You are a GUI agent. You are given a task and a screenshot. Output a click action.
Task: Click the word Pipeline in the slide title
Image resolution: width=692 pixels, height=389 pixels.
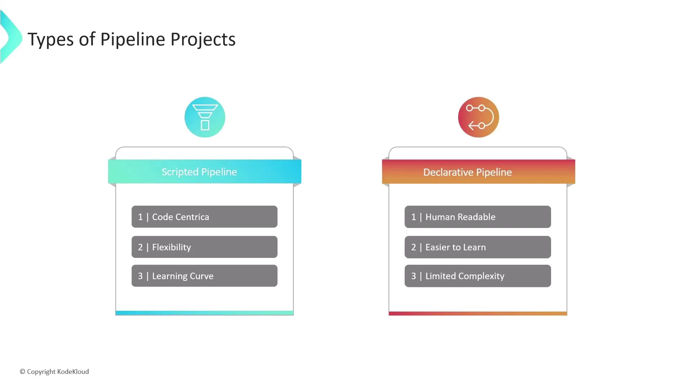pyautogui.click(x=133, y=40)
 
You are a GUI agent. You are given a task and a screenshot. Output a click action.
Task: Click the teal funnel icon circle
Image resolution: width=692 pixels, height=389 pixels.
pyautogui.click(x=205, y=117)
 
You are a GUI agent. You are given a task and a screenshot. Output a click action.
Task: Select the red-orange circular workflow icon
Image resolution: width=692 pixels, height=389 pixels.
pyautogui.click(x=478, y=117)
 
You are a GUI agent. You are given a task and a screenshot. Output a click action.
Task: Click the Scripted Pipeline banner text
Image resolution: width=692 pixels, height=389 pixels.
pyautogui.click(x=199, y=172)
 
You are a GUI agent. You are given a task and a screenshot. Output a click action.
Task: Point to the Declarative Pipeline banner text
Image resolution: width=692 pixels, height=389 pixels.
pyautogui.click(x=467, y=172)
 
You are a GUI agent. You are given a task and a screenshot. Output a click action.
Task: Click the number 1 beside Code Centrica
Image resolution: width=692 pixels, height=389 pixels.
pyautogui.click(x=140, y=217)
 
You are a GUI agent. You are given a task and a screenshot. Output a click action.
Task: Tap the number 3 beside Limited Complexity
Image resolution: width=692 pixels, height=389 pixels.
pyautogui.click(x=413, y=276)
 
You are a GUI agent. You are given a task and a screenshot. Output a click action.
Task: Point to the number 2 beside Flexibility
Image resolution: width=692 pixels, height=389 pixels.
pyautogui.click(x=140, y=247)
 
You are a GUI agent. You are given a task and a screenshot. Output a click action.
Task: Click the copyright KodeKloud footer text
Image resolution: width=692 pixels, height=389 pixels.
pyautogui.click(x=54, y=371)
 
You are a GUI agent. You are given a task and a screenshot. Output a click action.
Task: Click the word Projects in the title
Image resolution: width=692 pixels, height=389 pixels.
pyautogui.click(x=203, y=40)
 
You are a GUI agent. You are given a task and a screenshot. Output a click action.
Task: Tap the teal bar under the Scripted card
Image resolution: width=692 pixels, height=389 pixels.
pyautogui.click(x=204, y=313)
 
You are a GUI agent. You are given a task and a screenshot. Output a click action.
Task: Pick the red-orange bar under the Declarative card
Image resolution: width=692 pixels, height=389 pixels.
pyautogui.click(x=478, y=313)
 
